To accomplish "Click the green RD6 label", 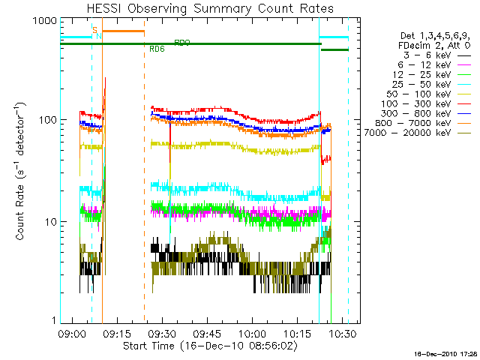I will tap(157, 49).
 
